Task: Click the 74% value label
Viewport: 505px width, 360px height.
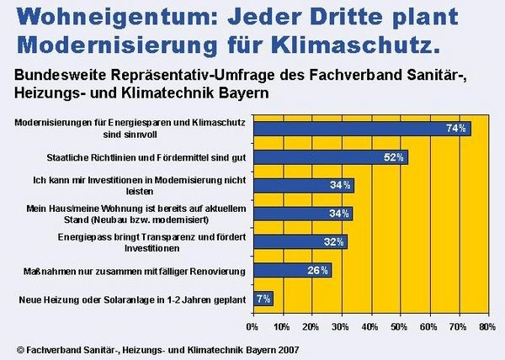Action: pos(456,129)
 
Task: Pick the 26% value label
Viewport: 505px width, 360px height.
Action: pos(319,270)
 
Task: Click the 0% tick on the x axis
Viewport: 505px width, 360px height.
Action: pos(252,325)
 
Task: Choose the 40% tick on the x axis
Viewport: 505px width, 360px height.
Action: pos(369,325)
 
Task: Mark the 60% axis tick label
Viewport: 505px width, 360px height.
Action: pos(428,325)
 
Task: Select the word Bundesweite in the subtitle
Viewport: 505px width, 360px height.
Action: pos(54,73)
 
